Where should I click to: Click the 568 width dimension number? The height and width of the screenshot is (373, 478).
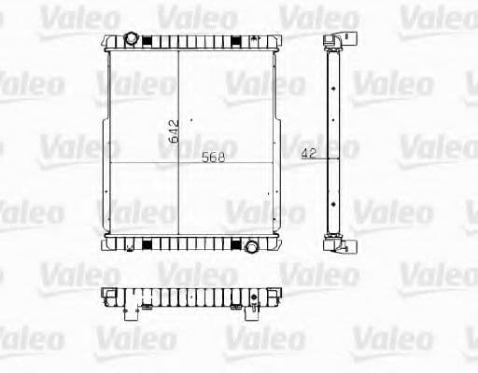click(x=214, y=158)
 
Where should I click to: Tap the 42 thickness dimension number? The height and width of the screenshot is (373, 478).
click(x=309, y=153)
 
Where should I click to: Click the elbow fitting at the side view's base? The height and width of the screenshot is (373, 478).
click(x=334, y=245)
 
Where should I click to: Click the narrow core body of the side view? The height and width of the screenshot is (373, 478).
click(x=331, y=140)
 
